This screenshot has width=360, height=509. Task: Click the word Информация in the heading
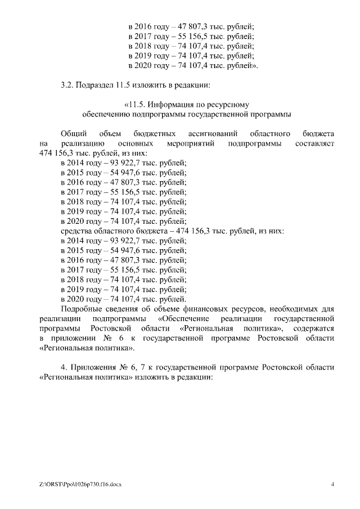[174, 105]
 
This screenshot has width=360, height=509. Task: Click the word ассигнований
[210, 134]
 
